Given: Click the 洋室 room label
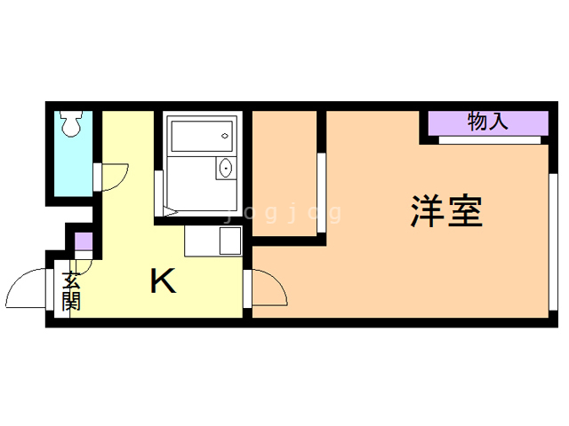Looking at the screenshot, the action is tap(446, 211).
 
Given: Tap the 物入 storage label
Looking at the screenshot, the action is tap(488, 122).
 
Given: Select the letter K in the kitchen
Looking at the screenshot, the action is tap(164, 280).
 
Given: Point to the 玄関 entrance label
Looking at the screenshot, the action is tap(71, 291).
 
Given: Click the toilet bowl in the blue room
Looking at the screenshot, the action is tap(71, 124).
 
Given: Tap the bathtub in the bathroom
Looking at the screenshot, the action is tap(202, 136).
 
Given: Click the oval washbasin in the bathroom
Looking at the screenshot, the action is tap(225, 168).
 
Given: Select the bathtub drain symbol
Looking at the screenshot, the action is tap(225, 136).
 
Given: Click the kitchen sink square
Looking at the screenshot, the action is tap(230, 241).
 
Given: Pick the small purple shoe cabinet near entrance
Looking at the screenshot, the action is tap(84, 241).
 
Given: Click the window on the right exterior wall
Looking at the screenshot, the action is tap(553, 242).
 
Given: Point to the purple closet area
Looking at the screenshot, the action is tap(488, 123).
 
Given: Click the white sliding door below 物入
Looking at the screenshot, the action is tap(490, 140).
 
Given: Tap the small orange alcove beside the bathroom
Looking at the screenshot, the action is tap(284, 174).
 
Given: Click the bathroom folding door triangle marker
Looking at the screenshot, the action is tap(171, 211).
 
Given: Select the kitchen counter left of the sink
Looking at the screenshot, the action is tap(202, 241).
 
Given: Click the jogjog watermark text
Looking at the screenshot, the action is tap(284, 213).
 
